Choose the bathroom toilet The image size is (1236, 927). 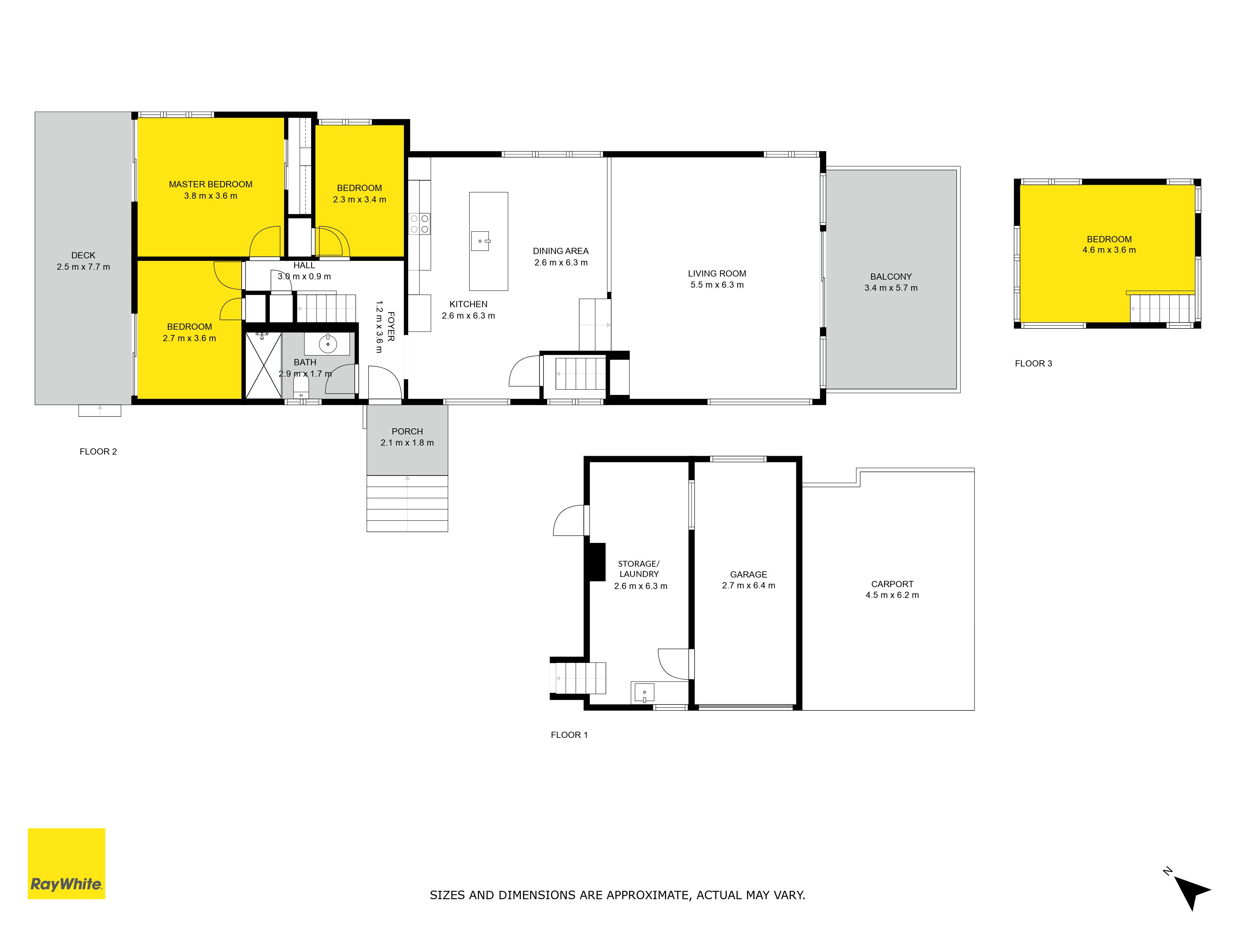[x=301, y=386]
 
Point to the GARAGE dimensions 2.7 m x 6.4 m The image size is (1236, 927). [x=749, y=586]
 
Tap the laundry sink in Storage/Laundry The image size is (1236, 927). [x=644, y=693]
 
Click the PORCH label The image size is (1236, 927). [x=407, y=431]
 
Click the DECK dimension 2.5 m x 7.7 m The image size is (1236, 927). [x=83, y=267]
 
